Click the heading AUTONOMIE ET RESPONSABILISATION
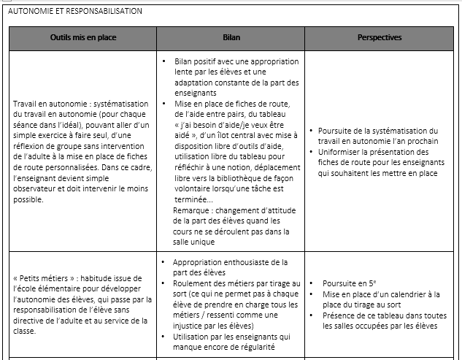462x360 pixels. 74,11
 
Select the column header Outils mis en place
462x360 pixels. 83,37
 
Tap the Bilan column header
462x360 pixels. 231,37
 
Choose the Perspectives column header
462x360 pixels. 380,37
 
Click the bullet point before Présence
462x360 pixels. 312,315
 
